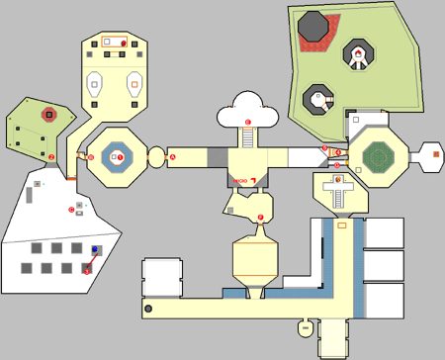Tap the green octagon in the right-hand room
pos(377,155)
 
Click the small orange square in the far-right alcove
pos(432,153)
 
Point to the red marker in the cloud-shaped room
pos(248,121)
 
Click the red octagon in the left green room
pos(47,116)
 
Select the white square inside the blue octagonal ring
pos(117,157)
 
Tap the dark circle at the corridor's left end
pos(149,310)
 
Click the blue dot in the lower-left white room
pos(96,249)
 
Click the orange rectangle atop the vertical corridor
pos(342,225)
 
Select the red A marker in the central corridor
pos(172,156)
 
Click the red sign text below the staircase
pos(239,182)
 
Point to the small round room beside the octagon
pos(156,156)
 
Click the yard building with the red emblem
pos(357,56)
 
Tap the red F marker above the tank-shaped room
pos(260,217)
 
